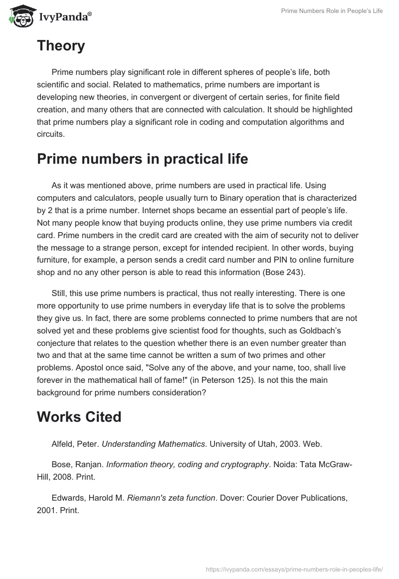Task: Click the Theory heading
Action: (x=61, y=46)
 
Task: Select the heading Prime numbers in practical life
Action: (x=142, y=159)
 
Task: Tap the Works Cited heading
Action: (x=79, y=417)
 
